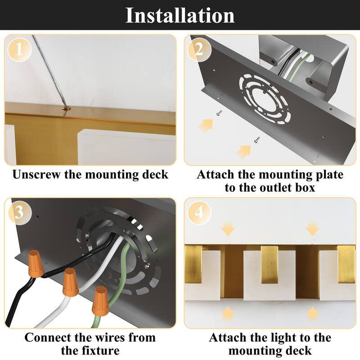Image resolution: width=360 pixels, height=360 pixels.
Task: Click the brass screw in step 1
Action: tap(66, 108)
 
